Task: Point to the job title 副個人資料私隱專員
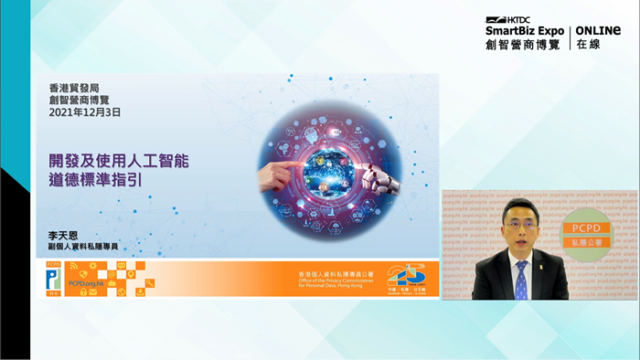coord(83,247)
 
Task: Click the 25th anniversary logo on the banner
coord(406,276)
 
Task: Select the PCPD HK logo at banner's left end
coord(53,279)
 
